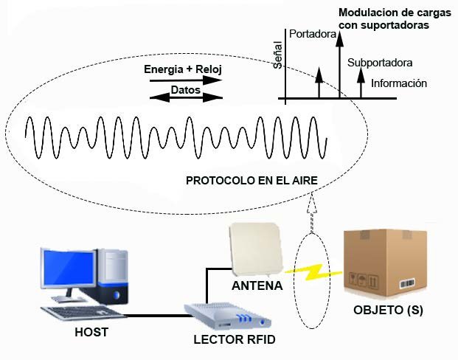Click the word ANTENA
click(257, 285)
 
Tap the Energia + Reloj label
click(184, 69)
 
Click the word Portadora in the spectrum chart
click(313, 34)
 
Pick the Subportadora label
click(380, 63)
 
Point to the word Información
click(399, 83)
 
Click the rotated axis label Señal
click(278, 56)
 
